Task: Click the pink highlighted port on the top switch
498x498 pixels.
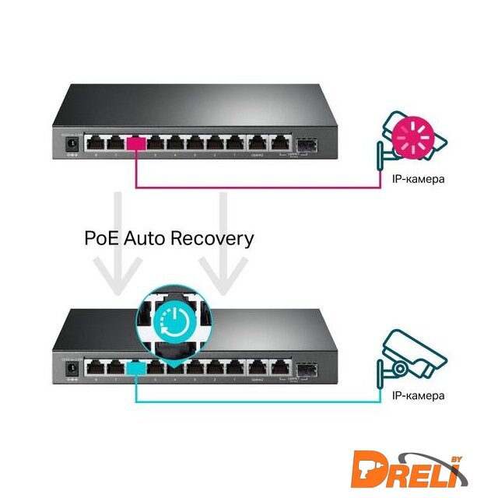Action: point(136,143)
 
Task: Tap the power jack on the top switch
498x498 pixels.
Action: point(71,144)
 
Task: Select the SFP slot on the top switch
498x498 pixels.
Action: point(302,145)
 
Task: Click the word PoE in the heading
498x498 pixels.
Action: point(101,237)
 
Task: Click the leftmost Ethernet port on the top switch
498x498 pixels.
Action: point(96,143)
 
